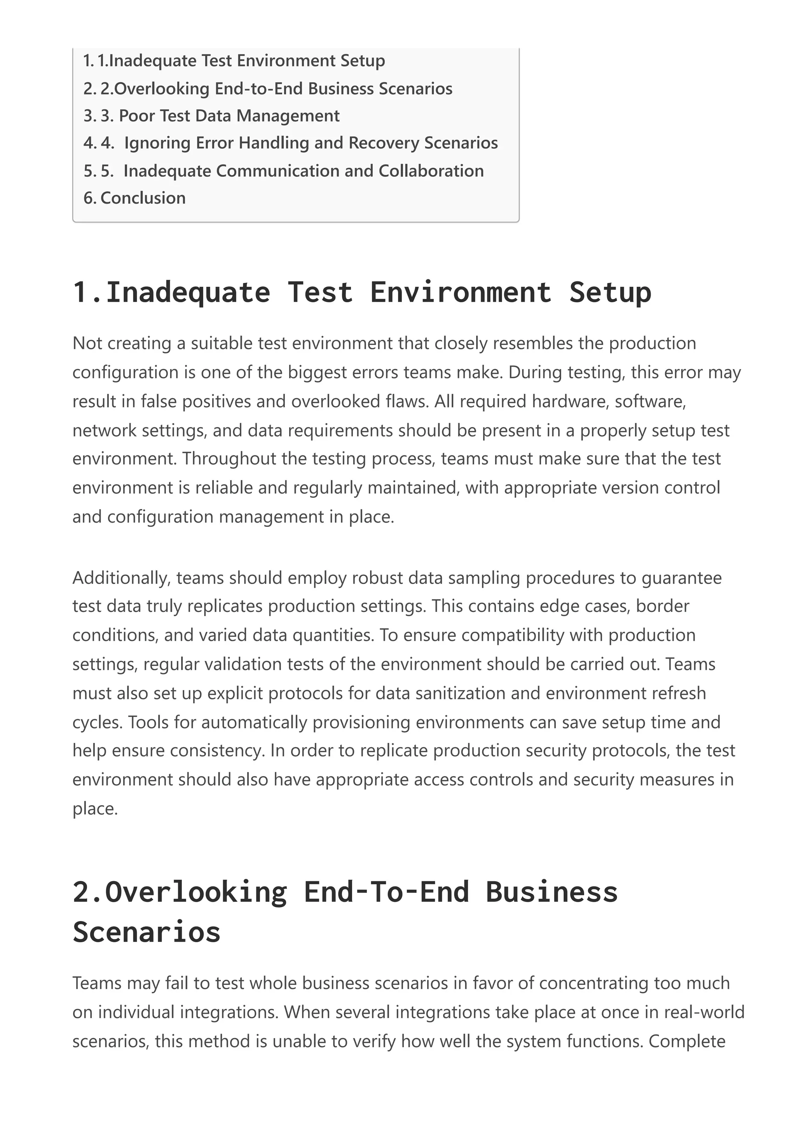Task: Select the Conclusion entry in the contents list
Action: [143, 198]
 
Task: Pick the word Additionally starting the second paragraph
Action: [121, 578]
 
